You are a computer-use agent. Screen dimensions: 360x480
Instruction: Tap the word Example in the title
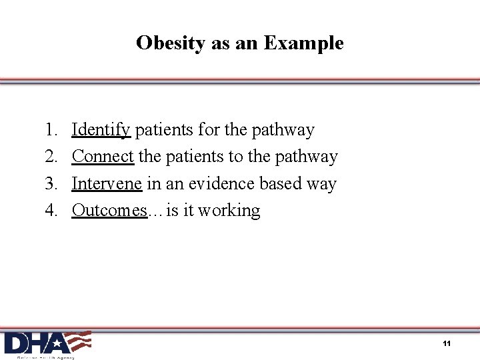(304, 43)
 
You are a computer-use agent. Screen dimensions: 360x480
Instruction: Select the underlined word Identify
(101, 129)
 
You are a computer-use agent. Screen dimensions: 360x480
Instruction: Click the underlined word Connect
(103, 156)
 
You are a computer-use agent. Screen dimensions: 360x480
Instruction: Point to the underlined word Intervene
(107, 183)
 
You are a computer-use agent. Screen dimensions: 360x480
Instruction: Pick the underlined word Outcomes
(109, 210)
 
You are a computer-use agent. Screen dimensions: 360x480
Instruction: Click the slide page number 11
(447, 343)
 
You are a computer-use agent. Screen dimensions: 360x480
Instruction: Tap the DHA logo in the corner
(47, 344)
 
